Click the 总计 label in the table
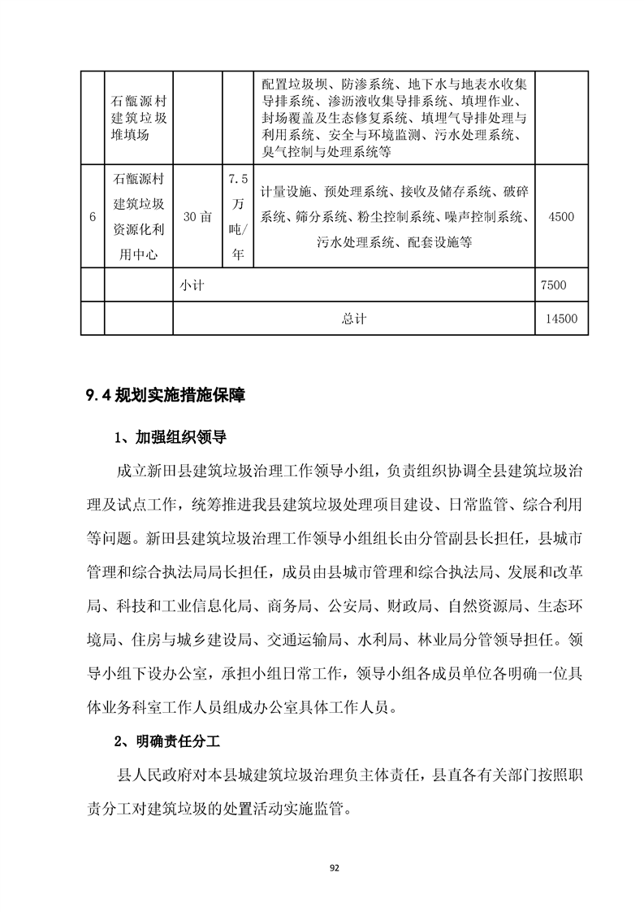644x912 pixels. tap(354, 319)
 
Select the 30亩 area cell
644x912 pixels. tap(197, 217)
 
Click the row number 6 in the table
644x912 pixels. tap(92, 217)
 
